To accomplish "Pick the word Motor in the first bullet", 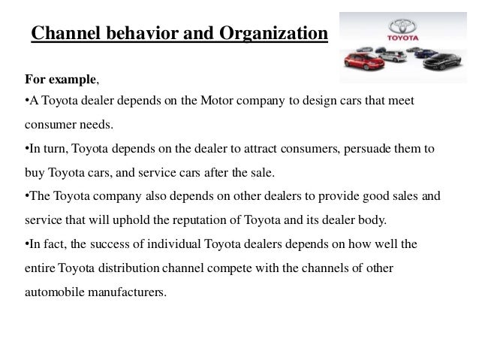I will (x=217, y=101).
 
